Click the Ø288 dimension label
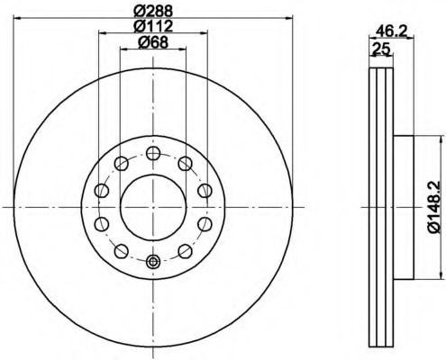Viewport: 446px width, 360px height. [153, 12]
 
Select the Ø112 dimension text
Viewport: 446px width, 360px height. [153, 26]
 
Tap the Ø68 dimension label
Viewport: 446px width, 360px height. [153, 42]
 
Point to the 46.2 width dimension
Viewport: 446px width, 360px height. [391, 31]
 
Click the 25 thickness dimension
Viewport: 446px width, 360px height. [381, 49]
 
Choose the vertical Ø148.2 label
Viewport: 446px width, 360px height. [434, 206]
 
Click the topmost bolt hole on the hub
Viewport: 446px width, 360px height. [153, 153]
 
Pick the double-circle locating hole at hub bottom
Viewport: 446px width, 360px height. [153, 262]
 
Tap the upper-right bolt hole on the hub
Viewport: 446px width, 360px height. [186, 164]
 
